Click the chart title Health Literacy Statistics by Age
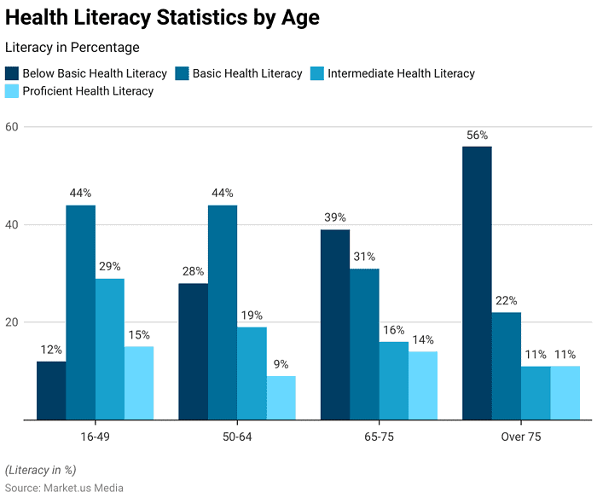click(163, 17)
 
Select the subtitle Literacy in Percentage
click(72, 48)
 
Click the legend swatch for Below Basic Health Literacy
click(12, 73)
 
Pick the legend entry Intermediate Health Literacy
click(401, 73)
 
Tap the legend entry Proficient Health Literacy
click(88, 91)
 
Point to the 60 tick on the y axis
click(13, 127)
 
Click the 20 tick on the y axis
click(13, 322)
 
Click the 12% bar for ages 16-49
click(51, 391)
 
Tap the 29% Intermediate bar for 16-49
click(110, 349)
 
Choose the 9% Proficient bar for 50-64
click(281, 397)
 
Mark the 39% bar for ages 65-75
click(335, 324)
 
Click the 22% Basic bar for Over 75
click(507, 366)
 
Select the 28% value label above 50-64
click(193, 271)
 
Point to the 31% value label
click(364, 257)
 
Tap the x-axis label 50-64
click(236, 437)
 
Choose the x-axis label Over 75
click(520, 437)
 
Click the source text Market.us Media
click(64, 488)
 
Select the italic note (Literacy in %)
click(40, 470)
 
